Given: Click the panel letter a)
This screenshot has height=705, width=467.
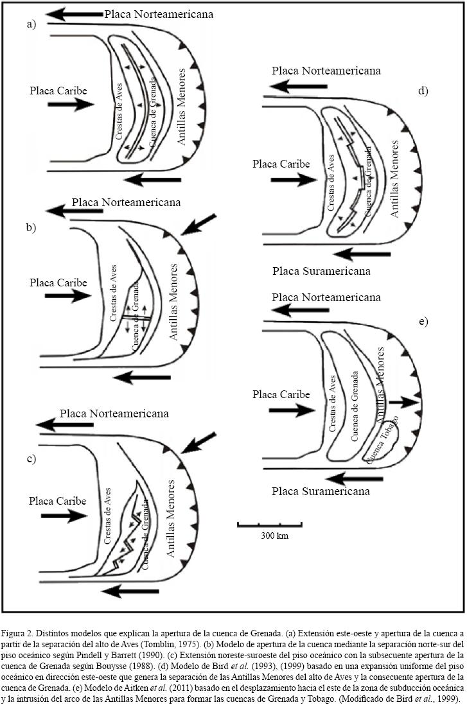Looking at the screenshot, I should click(x=31, y=25).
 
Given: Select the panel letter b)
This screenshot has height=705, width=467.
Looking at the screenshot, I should click(x=31, y=227).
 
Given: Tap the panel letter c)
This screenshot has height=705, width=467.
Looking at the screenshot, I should click(x=31, y=459).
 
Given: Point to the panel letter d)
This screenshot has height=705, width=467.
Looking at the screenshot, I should click(x=423, y=91).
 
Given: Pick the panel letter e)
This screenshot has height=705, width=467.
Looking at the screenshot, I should click(x=423, y=320).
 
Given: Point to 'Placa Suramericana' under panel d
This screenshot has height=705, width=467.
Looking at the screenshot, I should click(x=321, y=271).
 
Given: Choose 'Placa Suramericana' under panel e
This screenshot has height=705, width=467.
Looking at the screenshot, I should click(x=321, y=492).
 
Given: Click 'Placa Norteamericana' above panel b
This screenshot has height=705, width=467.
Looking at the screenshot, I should click(x=126, y=203).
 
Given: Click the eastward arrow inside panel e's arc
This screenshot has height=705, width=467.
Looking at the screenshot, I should click(x=403, y=403).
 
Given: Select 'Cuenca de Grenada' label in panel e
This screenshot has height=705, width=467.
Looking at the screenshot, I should click(x=355, y=398).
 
